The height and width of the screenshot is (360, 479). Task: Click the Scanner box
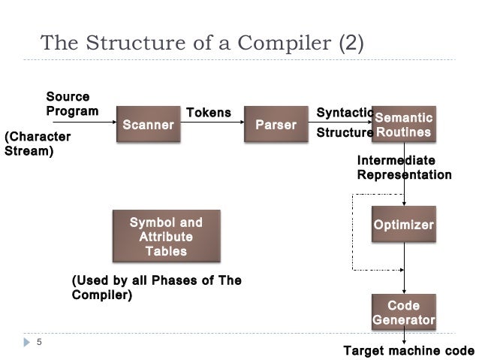pyautogui.click(x=148, y=124)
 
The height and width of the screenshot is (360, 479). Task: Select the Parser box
pyautogui.click(x=276, y=124)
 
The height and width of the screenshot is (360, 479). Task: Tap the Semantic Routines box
pyautogui.click(x=404, y=124)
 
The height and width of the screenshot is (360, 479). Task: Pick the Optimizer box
pyautogui.click(x=404, y=225)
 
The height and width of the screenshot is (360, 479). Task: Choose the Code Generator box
pyautogui.click(x=404, y=312)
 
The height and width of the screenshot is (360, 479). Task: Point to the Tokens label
pyautogui.click(x=208, y=113)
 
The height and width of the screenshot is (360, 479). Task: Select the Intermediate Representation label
pyautogui.click(x=404, y=168)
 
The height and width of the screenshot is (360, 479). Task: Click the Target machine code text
pyautogui.click(x=408, y=351)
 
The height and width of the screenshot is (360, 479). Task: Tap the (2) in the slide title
pyautogui.click(x=351, y=43)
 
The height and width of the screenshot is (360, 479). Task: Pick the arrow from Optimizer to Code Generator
pyautogui.click(x=405, y=267)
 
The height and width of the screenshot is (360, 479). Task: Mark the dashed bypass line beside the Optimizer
pyautogui.click(x=354, y=231)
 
